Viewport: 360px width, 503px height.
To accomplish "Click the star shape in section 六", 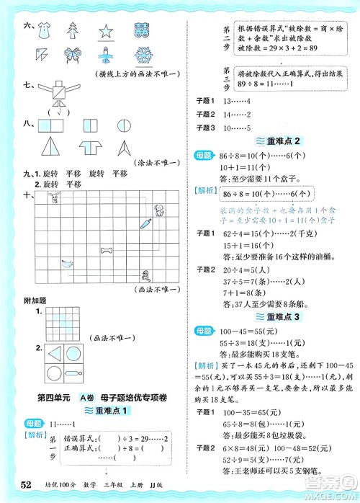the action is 107,31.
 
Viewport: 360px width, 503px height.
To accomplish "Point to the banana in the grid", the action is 66,264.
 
